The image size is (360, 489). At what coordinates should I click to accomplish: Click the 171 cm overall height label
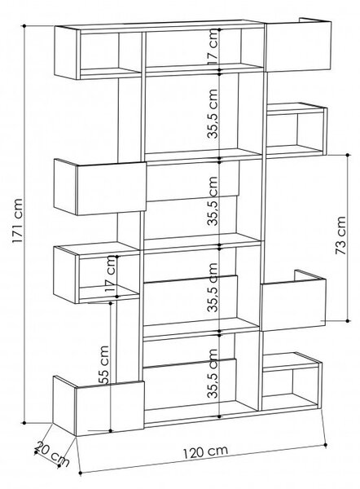pyautogui.click(x=17, y=221)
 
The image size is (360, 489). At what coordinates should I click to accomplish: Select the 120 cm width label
pyautogui.click(x=205, y=452)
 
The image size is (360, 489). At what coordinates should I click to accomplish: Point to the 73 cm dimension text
pyautogui.click(x=340, y=235)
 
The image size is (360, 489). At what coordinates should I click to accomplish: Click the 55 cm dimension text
pyautogui.click(x=104, y=365)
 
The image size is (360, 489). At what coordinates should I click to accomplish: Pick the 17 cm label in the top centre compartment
pyautogui.click(x=213, y=46)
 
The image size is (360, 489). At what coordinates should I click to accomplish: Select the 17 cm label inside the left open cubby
pyautogui.click(x=111, y=274)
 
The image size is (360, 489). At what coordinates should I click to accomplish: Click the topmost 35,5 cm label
pyautogui.click(x=213, y=113)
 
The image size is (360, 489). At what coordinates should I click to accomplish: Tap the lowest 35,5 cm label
pyautogui.click(x=213, y=373)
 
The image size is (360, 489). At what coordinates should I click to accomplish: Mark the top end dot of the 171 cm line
pyautogui.click(x=24, y=26)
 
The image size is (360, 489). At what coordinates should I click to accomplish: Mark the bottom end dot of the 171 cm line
pyautogui.click(x=24, y=423)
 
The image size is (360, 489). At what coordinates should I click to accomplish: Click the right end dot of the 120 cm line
pyautogui.click(x=326, y=445)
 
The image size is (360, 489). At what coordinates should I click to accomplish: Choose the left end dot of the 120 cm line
pyautogui.click(x=80, y=473)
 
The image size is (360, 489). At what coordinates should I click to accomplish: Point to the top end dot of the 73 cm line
pyautogui.click(x=348, y=154)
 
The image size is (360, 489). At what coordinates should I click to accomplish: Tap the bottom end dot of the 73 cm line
pyautogui.click(x=348, y=320)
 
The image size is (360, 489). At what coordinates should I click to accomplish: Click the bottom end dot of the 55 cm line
pyautogui.click(x=110, y=431)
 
